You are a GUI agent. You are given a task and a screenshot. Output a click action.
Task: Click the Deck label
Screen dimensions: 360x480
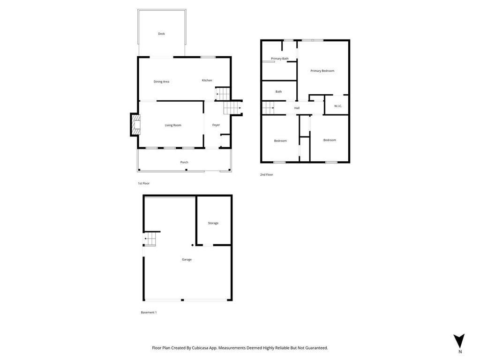(x=161, y=34)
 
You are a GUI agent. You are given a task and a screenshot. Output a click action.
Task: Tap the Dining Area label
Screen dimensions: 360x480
(x=161, y=82)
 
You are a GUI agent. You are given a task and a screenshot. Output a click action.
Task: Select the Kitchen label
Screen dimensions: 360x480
(x=207, y=80)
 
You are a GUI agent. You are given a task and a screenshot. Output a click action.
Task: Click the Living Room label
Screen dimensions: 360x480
(x=173, y=125)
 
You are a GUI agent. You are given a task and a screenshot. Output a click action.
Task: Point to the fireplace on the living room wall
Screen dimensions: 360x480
(x=135, y=125)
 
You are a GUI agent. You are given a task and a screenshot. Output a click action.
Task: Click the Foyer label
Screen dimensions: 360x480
(x=216, y=125)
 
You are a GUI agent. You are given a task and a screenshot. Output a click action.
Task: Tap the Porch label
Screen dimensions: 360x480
(x=184, y=162)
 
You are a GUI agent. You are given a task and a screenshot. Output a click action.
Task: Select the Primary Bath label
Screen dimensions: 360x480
(x=279, y=59)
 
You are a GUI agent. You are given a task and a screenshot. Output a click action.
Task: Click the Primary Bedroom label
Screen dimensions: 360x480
(x=322, y=71)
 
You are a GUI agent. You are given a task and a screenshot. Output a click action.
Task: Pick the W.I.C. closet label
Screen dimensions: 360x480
(x=338, y=106)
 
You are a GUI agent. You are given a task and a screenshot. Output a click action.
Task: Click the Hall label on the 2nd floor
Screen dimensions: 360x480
(x=297, y=108)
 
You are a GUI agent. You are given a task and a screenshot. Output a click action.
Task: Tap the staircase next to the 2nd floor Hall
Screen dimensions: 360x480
(x=268, y=108)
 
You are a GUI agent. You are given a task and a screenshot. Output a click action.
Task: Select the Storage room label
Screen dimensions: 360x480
(x=213, y=223)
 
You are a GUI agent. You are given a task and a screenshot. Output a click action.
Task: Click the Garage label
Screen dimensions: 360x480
(x=187, y=259)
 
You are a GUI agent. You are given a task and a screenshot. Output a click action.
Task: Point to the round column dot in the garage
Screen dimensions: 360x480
(x=192, y=245)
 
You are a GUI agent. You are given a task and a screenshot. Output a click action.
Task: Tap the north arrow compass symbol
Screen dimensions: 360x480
(x=460, y=341)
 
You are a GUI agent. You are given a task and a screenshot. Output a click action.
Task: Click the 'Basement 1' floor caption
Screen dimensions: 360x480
(x=149, y=312)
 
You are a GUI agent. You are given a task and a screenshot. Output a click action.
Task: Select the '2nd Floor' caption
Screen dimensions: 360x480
(x=266, y=174)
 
